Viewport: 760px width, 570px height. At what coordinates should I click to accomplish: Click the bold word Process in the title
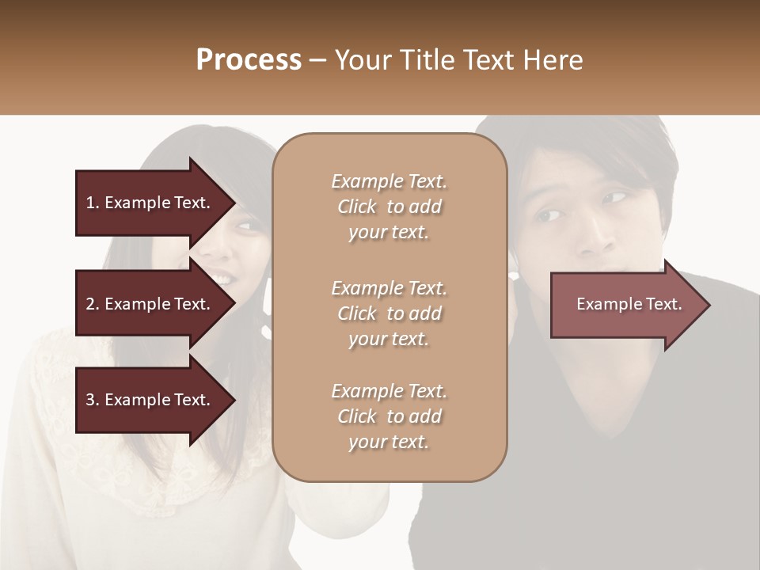[x=249, y=60]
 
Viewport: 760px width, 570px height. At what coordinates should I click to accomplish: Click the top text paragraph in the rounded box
[x=389, y=207]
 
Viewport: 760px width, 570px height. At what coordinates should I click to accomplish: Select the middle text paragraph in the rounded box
[x=389, y=313]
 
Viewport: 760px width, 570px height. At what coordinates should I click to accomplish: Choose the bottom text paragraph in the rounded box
[x=389, y=416]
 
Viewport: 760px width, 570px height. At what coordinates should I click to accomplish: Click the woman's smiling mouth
[x=224, y=279]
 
